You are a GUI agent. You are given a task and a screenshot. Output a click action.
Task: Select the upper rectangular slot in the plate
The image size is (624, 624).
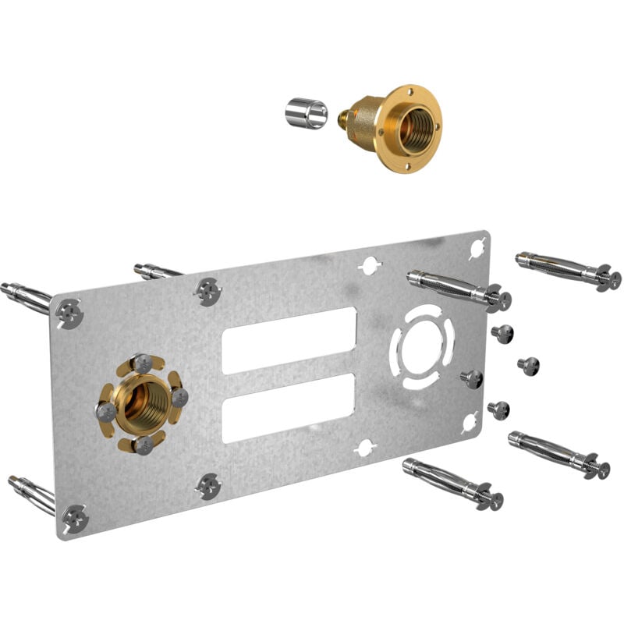(x=289, y=340)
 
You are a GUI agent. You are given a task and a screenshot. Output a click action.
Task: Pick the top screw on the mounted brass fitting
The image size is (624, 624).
(x=142, y=363)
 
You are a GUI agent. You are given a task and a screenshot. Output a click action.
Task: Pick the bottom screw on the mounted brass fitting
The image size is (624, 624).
(x=143, y=444)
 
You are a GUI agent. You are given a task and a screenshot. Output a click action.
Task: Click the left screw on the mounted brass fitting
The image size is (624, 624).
(x=106, y=411)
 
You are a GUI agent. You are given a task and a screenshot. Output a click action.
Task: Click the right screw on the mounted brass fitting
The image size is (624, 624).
(x=179, y=397)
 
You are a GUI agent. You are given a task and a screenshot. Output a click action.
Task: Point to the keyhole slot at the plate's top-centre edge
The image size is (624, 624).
(x=368, y=265)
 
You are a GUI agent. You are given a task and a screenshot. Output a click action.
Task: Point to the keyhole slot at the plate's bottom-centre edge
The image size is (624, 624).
(x=365, y=448)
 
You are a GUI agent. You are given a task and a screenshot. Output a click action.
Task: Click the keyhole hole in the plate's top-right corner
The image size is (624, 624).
(x=477, y=249)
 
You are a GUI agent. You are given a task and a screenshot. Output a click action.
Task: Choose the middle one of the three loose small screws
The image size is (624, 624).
(x=528, y=365)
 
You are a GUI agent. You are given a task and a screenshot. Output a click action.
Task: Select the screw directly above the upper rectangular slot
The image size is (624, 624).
(x=208, y=291)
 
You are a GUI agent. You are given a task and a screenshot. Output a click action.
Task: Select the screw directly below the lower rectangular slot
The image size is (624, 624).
(x=208, y=487)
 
